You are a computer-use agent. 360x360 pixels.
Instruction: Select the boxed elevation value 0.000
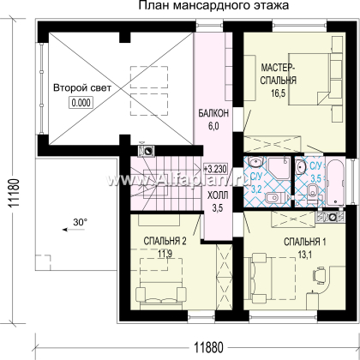pos(82,101)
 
